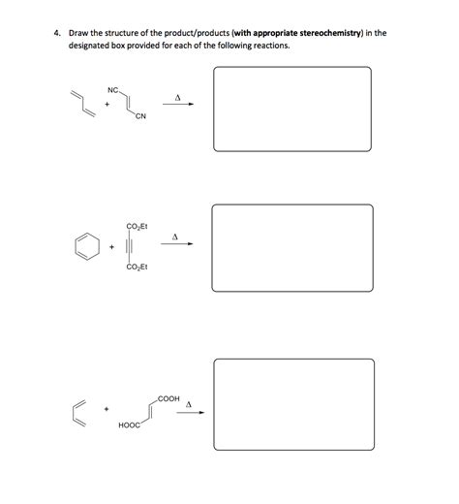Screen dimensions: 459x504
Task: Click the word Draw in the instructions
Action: pos(77,32)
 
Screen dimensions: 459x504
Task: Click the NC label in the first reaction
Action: pos(113,90)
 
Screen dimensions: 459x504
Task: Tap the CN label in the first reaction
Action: pos(140,118)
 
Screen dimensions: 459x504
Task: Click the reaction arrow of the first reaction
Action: pos(178,107)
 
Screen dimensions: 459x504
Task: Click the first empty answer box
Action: pos(291,109)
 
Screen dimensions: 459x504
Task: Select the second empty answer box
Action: pos(291,246)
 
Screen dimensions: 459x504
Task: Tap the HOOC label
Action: pos(128,425)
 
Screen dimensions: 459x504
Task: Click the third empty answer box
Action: pos(292,401)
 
